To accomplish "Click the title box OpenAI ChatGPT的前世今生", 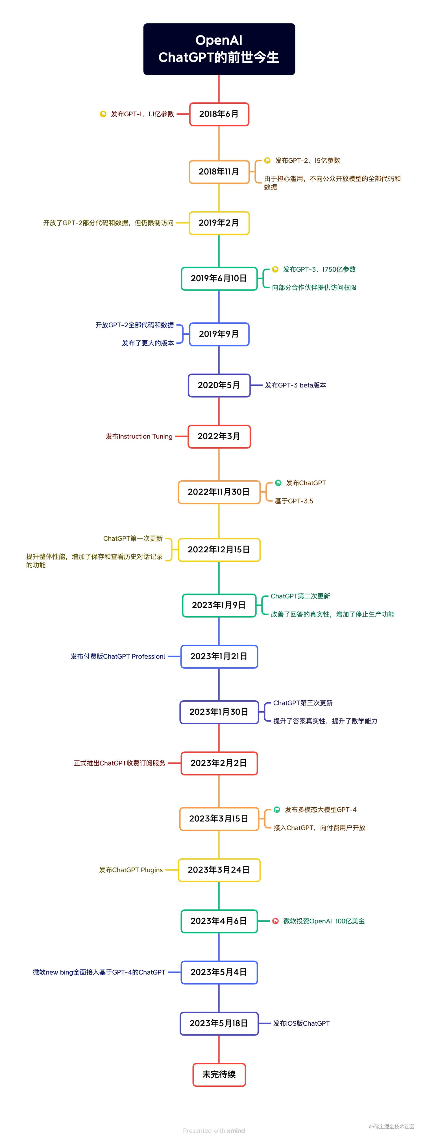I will [x=219, y=49].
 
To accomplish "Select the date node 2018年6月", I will [x=219, y=114].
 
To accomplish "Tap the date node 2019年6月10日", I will [x=219, y=278].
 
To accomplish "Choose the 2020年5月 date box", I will [x=219, y=385].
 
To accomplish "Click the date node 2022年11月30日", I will [x=219, y=492].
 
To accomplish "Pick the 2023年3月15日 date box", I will [x=219, y=818].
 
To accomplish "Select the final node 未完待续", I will [x=219, y=1075].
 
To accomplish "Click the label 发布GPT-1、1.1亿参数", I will [x=142, y=114].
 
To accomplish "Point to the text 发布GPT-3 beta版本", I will [x=295, y=385].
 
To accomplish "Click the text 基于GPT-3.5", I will [x=294, y=501].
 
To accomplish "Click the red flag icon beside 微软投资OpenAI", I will [x=275, y=921].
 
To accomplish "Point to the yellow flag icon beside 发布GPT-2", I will [x=267, y=160].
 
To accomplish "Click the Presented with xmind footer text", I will [x=214, y=1130].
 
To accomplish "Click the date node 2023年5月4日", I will [x=219, y=972].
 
